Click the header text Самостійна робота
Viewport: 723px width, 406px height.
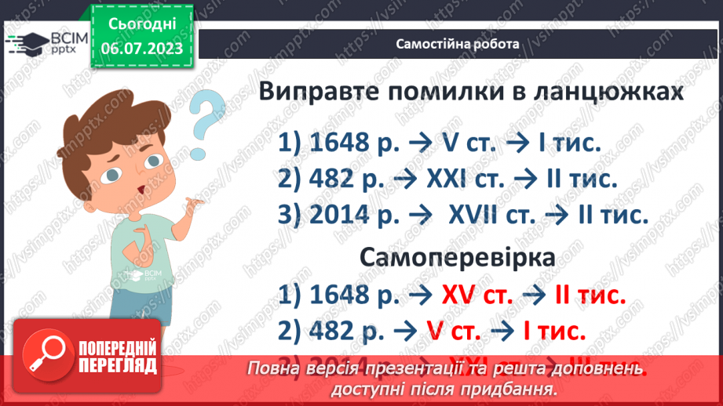(x=458, y=44)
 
